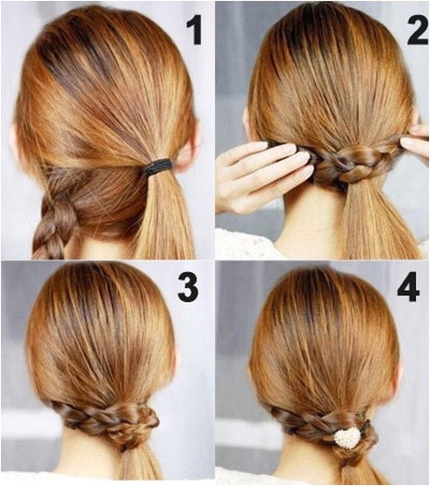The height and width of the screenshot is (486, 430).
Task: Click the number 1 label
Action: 193,31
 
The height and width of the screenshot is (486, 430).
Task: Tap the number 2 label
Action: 417,31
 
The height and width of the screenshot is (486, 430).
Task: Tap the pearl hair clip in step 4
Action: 348,438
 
